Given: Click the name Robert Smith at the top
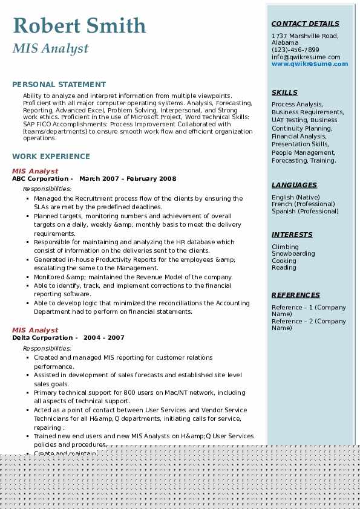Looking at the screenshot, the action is click(x=79, y=25).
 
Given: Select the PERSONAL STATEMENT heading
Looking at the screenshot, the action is click(x=59, y=85).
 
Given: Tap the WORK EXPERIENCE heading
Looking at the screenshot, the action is click(x=51, y=156).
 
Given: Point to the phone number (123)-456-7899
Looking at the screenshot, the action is click(x=295, y=50).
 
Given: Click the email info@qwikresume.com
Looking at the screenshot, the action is click(x=306, y=57).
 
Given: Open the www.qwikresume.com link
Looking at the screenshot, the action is click(x=310, y=63).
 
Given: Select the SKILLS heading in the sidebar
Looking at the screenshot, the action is click(x=284, y=92).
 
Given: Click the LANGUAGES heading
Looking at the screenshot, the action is click(x=294, y=185).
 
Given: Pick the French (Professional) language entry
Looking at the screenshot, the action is click(x=304, y=204).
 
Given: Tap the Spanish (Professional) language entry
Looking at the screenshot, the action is click(x=305, y=212).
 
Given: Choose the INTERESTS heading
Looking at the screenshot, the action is click(x=292, y=235).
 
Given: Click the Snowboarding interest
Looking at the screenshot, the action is click(x=293, y=254).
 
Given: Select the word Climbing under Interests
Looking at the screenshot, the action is click(x=285, y=247).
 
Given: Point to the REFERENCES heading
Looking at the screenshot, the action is click(x=296, y=295).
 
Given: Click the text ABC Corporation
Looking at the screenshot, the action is click(x=40, y=179).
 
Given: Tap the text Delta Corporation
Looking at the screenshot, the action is click(x=42, y=338).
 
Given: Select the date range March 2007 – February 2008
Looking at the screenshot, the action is click(x=128, y=179).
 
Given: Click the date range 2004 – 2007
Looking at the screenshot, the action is click(x=104, y=338).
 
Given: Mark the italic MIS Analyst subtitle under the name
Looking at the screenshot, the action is click(x=50, y=48).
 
